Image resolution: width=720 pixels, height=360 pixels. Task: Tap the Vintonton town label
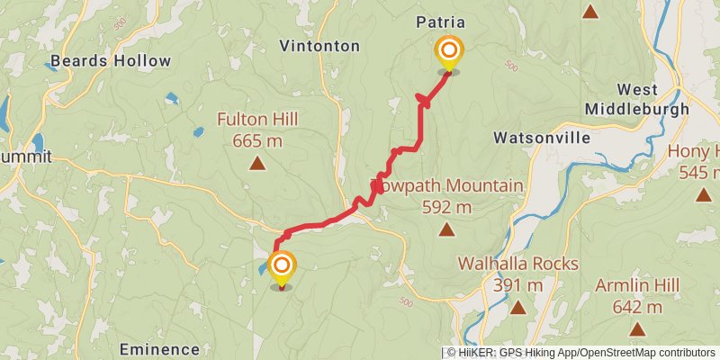[319, 45]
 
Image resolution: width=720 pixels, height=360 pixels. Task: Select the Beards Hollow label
[110, 61]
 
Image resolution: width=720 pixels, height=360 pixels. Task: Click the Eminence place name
[159, 349]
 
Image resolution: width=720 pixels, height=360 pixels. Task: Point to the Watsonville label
[542, 138]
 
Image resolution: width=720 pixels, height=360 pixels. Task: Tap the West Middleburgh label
[649, 99]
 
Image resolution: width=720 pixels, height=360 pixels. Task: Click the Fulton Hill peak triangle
[257, 163]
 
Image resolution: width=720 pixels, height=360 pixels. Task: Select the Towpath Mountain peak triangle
[446, 229]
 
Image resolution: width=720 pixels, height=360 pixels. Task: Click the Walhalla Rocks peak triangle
[517, 308]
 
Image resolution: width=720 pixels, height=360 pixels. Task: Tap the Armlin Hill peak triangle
[637, 329]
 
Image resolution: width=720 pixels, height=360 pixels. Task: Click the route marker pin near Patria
[447, 51]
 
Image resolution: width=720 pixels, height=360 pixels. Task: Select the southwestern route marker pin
[282, 266]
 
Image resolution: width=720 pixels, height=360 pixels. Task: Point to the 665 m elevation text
[257, 140]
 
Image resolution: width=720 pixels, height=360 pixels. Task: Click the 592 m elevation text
[446, 207]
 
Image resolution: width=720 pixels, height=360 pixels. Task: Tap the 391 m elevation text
[517, 285]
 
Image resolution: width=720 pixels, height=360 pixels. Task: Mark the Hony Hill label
[694, 151]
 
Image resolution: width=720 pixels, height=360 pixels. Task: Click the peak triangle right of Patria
[590, 12]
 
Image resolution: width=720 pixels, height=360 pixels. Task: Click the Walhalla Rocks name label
[517, 264]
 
